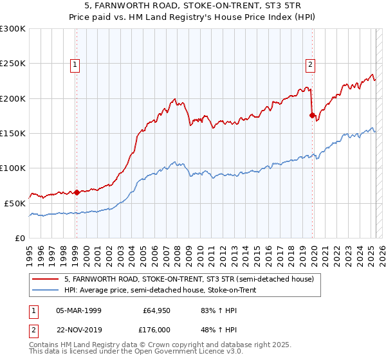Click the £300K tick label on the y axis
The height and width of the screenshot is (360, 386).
14,29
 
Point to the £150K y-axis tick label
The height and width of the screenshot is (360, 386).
14,133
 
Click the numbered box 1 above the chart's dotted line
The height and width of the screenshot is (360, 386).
76,64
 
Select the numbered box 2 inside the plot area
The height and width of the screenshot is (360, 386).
311,64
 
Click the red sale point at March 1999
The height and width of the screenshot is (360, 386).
77,192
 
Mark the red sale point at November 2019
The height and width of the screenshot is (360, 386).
312,116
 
